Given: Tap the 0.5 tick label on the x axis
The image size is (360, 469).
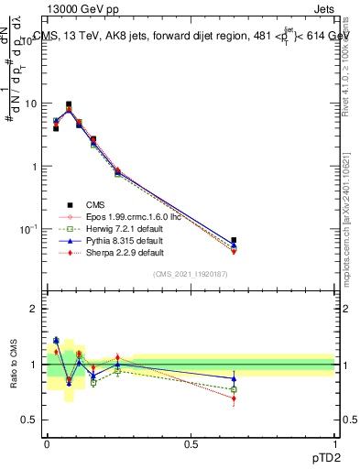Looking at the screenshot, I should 191,442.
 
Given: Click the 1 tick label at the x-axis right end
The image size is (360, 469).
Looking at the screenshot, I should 335,442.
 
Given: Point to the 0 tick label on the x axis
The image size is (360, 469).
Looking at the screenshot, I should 47,442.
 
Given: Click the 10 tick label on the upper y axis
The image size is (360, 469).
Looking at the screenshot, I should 30,104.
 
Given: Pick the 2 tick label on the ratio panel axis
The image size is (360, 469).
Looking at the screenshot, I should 35,309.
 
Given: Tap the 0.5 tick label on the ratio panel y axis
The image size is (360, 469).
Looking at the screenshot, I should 30,420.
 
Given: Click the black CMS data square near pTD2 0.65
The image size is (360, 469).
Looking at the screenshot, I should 234,240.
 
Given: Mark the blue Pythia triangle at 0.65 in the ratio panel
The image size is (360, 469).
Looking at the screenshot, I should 234,378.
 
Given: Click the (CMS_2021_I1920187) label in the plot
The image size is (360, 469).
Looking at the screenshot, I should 190,273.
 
